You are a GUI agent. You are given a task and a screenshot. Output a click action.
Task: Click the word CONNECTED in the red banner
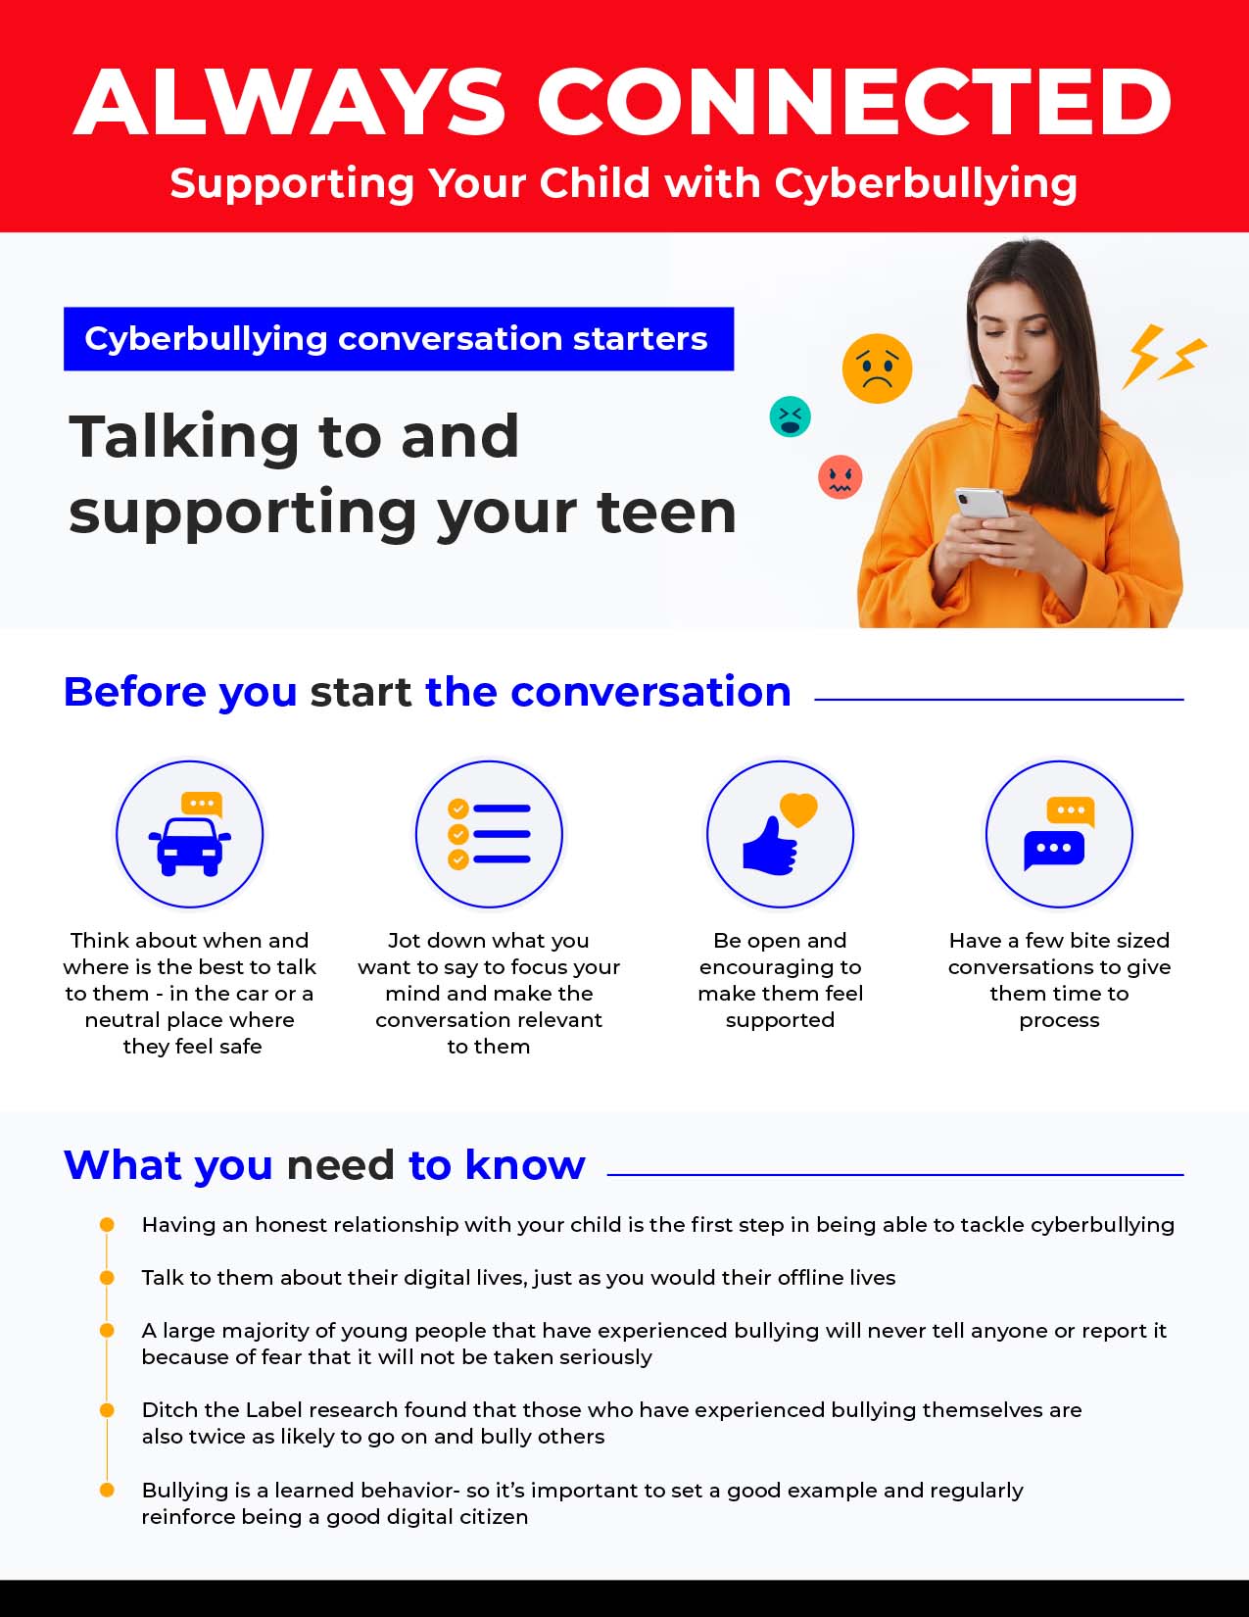[x=853, y=102]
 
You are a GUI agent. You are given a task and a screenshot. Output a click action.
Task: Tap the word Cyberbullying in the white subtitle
[x=926, y=184]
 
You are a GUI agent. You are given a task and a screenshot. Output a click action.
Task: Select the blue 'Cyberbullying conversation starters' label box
[x=398, y=339]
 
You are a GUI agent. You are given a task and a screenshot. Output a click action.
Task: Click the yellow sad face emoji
[x=877, y=368]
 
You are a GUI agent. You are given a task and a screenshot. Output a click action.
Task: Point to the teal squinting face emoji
[x=790, y=416]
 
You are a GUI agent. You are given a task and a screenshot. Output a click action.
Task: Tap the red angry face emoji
[x=840, y=477]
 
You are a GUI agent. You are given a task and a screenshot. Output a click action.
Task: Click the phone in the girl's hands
[x=981, y=503]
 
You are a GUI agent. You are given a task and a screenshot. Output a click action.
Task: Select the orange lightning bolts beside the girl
[x=1164, y=355]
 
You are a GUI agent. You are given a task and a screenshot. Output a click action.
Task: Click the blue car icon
[x=190, y=844]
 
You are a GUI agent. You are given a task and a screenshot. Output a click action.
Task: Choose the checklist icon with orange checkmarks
[x=489, y=835]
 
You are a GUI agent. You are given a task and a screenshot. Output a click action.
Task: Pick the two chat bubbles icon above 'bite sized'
[x=1059, y=834]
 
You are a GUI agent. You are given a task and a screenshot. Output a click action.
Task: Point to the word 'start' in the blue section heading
[x=360, y=692]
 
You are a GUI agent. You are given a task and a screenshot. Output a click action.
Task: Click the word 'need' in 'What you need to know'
[x=341, y=1165]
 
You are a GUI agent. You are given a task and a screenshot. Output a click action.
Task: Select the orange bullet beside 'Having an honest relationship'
[x=107, y=1225]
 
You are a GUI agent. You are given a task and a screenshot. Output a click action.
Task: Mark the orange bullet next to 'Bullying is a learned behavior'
[x=107, y=1491]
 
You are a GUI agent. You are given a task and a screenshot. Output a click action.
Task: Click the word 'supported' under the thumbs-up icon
[x=780, y=1020]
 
